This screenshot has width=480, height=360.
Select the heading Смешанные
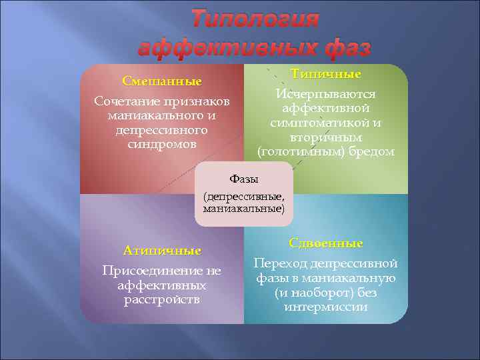point(162,81)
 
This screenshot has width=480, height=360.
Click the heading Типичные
point(326,73)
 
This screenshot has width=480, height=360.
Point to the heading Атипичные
point(162,251)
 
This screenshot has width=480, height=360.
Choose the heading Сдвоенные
point(326,243)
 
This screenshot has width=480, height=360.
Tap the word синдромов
point(162,144)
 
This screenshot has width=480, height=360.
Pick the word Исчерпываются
point(326,94)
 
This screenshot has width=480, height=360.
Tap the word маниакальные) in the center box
point(244,209)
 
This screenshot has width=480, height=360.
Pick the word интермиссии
point(326,307)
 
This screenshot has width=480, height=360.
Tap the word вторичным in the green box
point(326,137)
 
